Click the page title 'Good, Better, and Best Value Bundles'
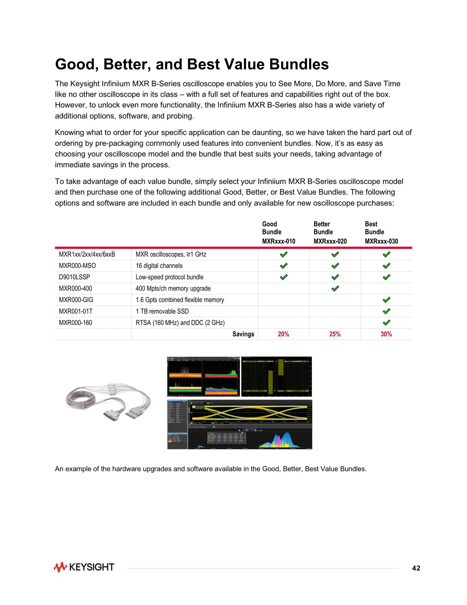pos(192,64)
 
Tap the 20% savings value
pos(283,334)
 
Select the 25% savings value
pos(335,334)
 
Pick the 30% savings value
pos(386,334)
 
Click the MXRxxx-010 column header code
pos(278,241)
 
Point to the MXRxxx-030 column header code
pos(381,241)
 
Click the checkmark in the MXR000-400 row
pos(335,289)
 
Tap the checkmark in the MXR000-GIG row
pos(386,300)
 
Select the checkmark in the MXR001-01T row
pos(386,311)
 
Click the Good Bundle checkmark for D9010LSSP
pos(284,277)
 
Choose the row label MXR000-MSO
pos(77,266)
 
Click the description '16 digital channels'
pos(159,266)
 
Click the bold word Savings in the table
pos(243,334)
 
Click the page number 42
pos(416,568)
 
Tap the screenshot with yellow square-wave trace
pos(276,377)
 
